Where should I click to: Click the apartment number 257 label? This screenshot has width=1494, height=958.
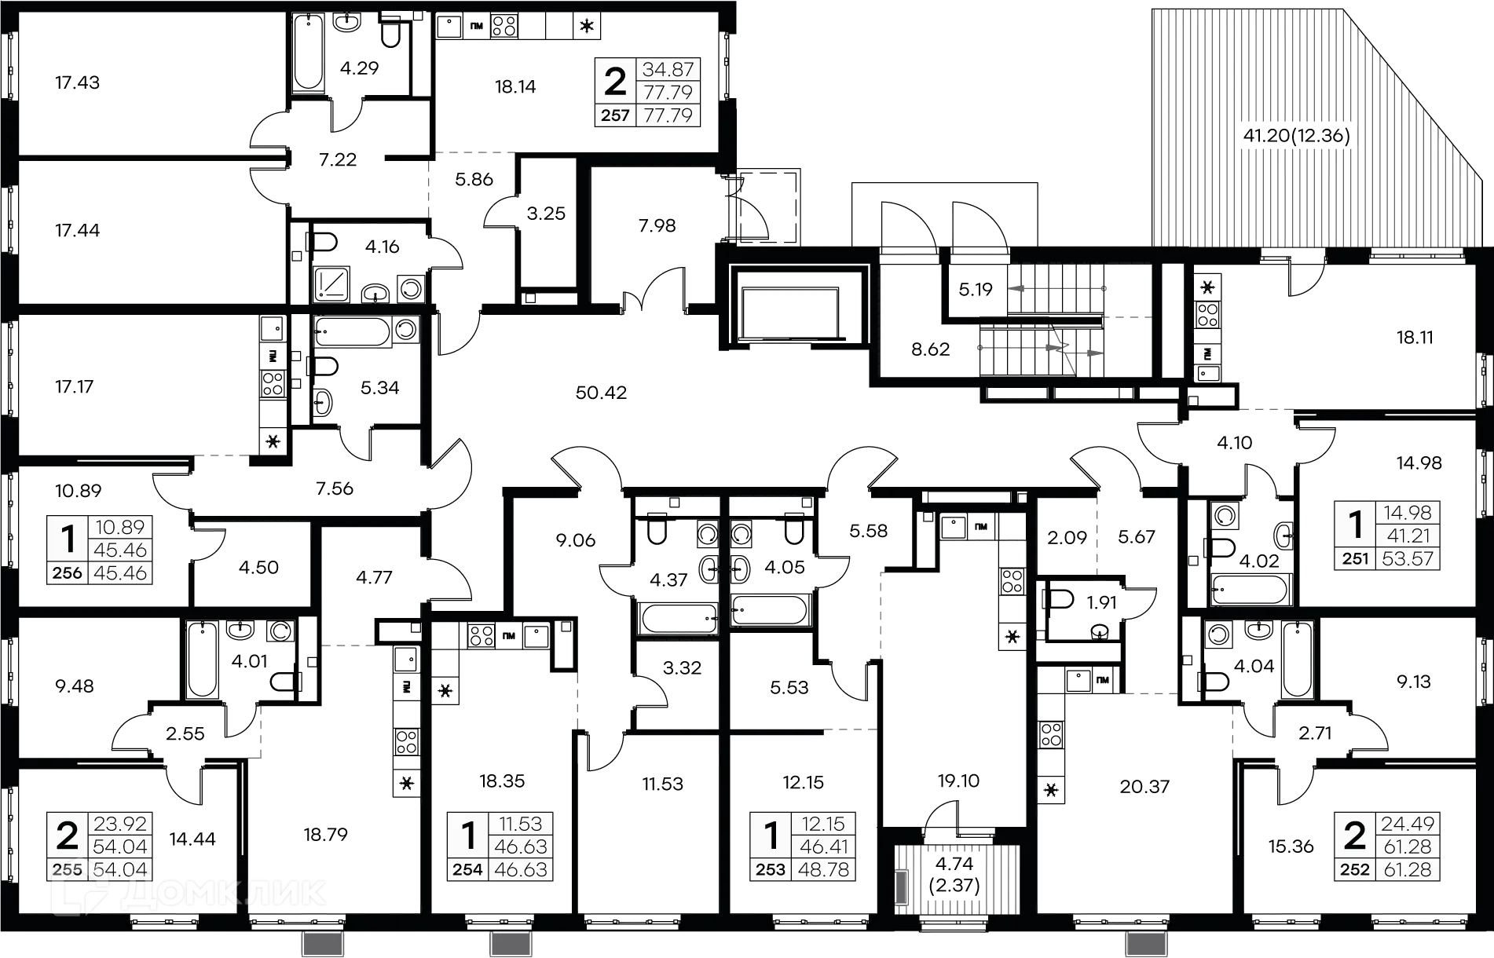click(x=615, y=115)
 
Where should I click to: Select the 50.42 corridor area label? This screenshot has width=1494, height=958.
click(x=601, y=392)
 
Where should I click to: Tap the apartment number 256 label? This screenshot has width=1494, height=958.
click(x=68, y=573)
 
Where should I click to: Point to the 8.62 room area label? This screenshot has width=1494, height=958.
click(x=931, y=349)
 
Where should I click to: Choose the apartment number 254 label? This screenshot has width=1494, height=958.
click(x=469, y=870)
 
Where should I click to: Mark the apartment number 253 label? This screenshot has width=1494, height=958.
click(x=771, y=870)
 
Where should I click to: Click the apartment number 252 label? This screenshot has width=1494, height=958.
click(x=1355, y=870)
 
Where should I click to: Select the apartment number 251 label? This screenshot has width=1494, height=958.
click(x=1355, y=559)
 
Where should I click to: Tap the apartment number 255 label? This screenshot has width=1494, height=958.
click(x=68, y=870)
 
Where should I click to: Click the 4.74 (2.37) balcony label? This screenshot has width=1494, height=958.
click(x=954, y=874)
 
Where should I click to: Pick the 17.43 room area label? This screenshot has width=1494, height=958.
click(x=75, y=83)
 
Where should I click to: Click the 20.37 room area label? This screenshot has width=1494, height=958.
click(x=1144, y=787)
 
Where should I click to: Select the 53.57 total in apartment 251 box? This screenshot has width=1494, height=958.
click(x=1407, y=559)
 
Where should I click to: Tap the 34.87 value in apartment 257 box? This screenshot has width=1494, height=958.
click(x=668, y=70)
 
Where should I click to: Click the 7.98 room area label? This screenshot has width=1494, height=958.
click(x=657, y=225)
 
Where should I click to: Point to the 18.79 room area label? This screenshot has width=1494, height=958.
click(x=324, y=834)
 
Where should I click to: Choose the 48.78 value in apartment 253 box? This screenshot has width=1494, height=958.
click(x=822, y=870)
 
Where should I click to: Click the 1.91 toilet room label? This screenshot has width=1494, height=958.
click(x=1102, y=601)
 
